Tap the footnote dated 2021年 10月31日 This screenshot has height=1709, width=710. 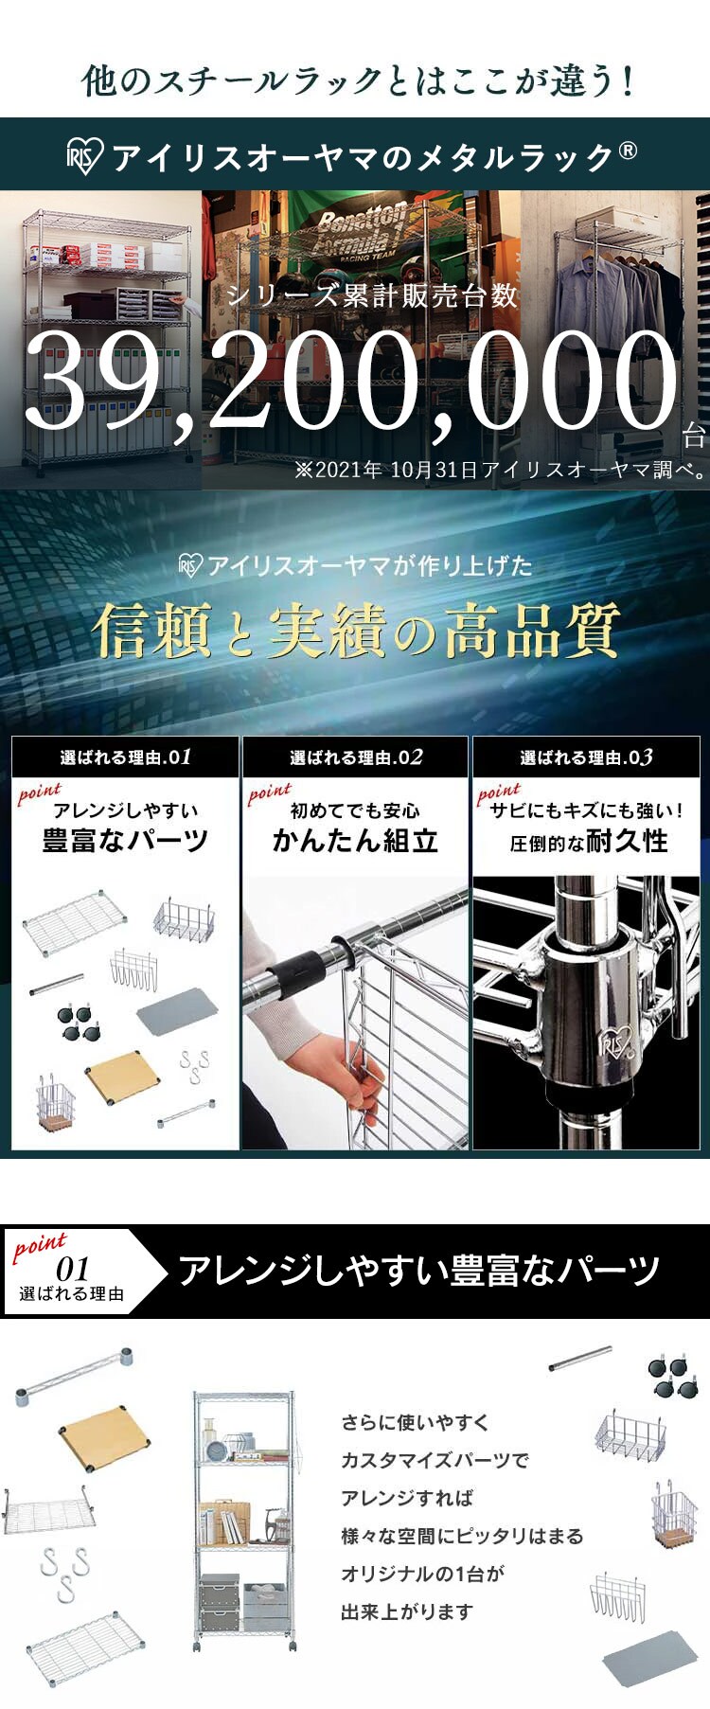tap(501, 470)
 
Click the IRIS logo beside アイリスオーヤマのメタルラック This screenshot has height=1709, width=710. tap(82, 156)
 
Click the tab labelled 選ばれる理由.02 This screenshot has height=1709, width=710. tap(356, 757)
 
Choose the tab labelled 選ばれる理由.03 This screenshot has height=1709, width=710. tap(586, 757)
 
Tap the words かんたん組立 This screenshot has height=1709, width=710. tap(355, 841)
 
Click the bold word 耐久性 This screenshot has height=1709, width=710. tap(628, 841)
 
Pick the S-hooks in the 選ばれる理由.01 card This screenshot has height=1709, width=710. tap(195, 1066)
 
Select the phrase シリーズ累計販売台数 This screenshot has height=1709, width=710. tap(372, 295)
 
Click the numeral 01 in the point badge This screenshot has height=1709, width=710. tap(73, 1269)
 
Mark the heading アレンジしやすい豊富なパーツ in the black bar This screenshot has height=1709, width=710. tap(418, 1271)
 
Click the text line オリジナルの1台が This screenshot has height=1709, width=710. tap(422, 1574)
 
